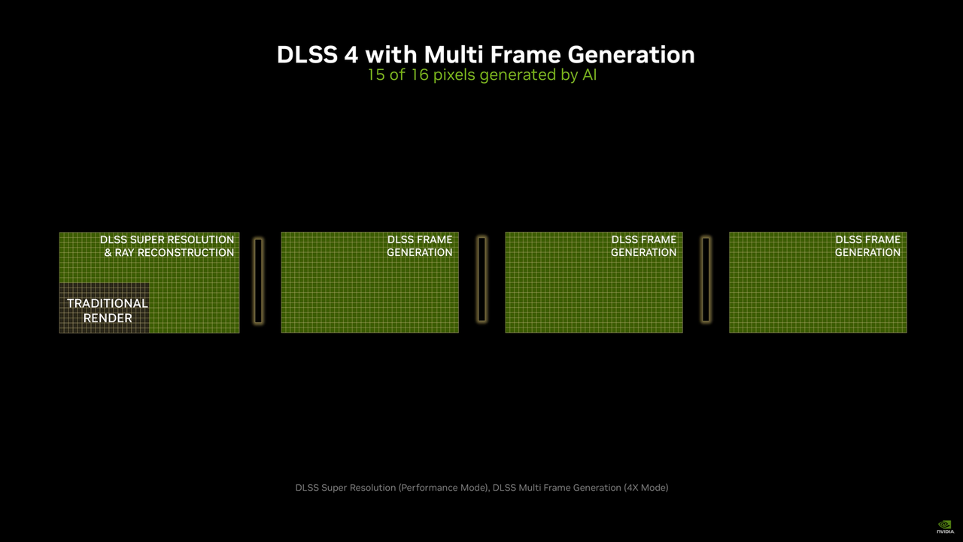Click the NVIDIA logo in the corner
pos(944,526)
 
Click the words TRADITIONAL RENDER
pos(108,310)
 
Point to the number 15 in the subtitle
pos(376,75)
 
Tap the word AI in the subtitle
pos(589,75)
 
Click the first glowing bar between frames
pos(258,281)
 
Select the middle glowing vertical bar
pos(482,279)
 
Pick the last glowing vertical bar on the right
pos(706,279)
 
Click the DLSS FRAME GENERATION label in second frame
pos(420,246)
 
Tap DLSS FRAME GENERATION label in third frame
pos(643,246)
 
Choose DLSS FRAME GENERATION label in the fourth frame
pos(867,246)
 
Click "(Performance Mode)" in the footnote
pos(442,488)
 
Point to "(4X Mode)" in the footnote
pos(646,488)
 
